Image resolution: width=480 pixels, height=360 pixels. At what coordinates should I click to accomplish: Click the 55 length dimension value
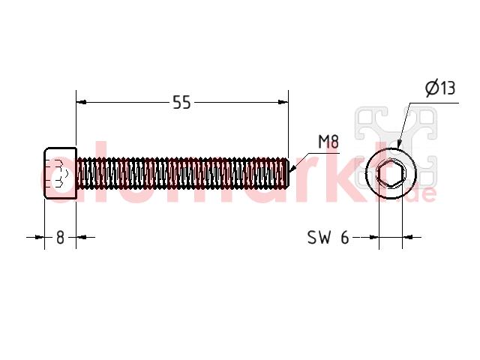coord(181,102)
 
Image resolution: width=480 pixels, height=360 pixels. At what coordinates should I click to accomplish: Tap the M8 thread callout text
coord(328,142)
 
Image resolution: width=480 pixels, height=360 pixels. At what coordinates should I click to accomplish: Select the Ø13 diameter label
coord(440,88)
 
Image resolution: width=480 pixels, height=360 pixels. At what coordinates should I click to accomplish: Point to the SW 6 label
coord(328,237)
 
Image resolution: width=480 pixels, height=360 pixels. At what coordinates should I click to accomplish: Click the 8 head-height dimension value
coord(60,237)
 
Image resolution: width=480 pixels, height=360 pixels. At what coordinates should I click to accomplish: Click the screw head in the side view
coord(61,173)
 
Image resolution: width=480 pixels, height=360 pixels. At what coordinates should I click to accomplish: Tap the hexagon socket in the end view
coord(391,174)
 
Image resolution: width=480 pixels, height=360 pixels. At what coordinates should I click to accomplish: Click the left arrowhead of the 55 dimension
coord(81,102)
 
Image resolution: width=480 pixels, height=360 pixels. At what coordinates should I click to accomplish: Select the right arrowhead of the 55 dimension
coord(283,102)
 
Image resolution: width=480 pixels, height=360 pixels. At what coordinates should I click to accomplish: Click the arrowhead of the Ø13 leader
coord(398,143)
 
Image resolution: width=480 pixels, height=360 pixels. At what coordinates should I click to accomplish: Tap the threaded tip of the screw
coord(286,173)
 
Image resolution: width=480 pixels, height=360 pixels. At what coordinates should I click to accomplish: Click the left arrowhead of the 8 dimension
coord(40,237)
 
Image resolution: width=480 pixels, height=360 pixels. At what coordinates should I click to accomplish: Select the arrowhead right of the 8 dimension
coord(81,237)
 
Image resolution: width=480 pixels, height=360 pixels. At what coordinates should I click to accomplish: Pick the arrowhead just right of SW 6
coord(373,237)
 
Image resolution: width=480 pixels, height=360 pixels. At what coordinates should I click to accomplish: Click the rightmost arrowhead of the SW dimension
coord(408,237)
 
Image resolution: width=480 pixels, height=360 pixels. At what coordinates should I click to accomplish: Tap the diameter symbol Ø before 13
coord(432,88)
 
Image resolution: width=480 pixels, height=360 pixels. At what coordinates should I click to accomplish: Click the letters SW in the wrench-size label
coord(319,237)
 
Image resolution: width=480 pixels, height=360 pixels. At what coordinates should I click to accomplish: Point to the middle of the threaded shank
coord(181,173)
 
